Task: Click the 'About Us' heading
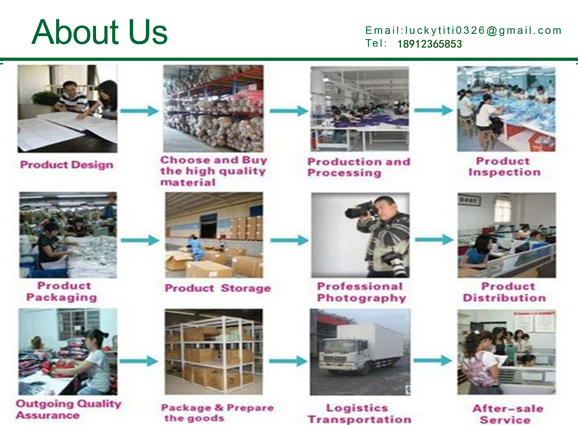100,32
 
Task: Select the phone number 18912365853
430,44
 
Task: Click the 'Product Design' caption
67,165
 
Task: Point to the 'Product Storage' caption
218,288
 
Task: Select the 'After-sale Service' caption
508,414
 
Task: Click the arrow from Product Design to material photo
140,111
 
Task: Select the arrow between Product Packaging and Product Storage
140,240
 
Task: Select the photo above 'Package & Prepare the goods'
214,352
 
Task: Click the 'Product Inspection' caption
504,166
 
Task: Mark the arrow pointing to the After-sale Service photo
433,361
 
